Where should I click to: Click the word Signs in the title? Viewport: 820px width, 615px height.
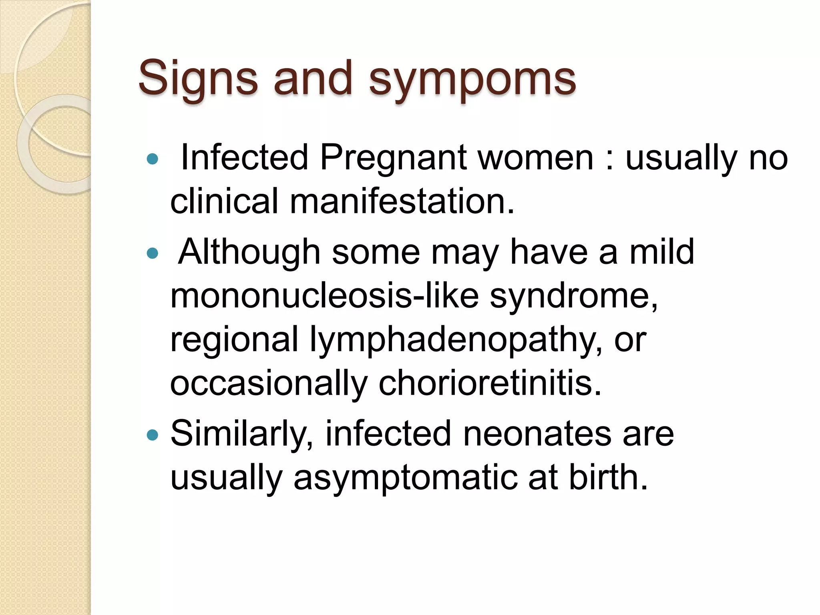pos(198,78)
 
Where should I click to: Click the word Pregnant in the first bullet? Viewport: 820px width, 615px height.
pos(393,158)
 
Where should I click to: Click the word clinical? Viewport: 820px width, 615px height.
pos(224,201)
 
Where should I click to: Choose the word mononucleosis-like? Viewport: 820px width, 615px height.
pos(324,296)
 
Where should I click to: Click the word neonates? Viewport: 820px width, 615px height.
pos(537,434)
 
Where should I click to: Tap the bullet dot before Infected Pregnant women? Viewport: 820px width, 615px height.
pos(153,159)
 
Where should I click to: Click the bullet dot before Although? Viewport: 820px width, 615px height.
pos(153,253)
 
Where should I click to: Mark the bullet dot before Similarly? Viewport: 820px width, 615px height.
pos(153,435)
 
